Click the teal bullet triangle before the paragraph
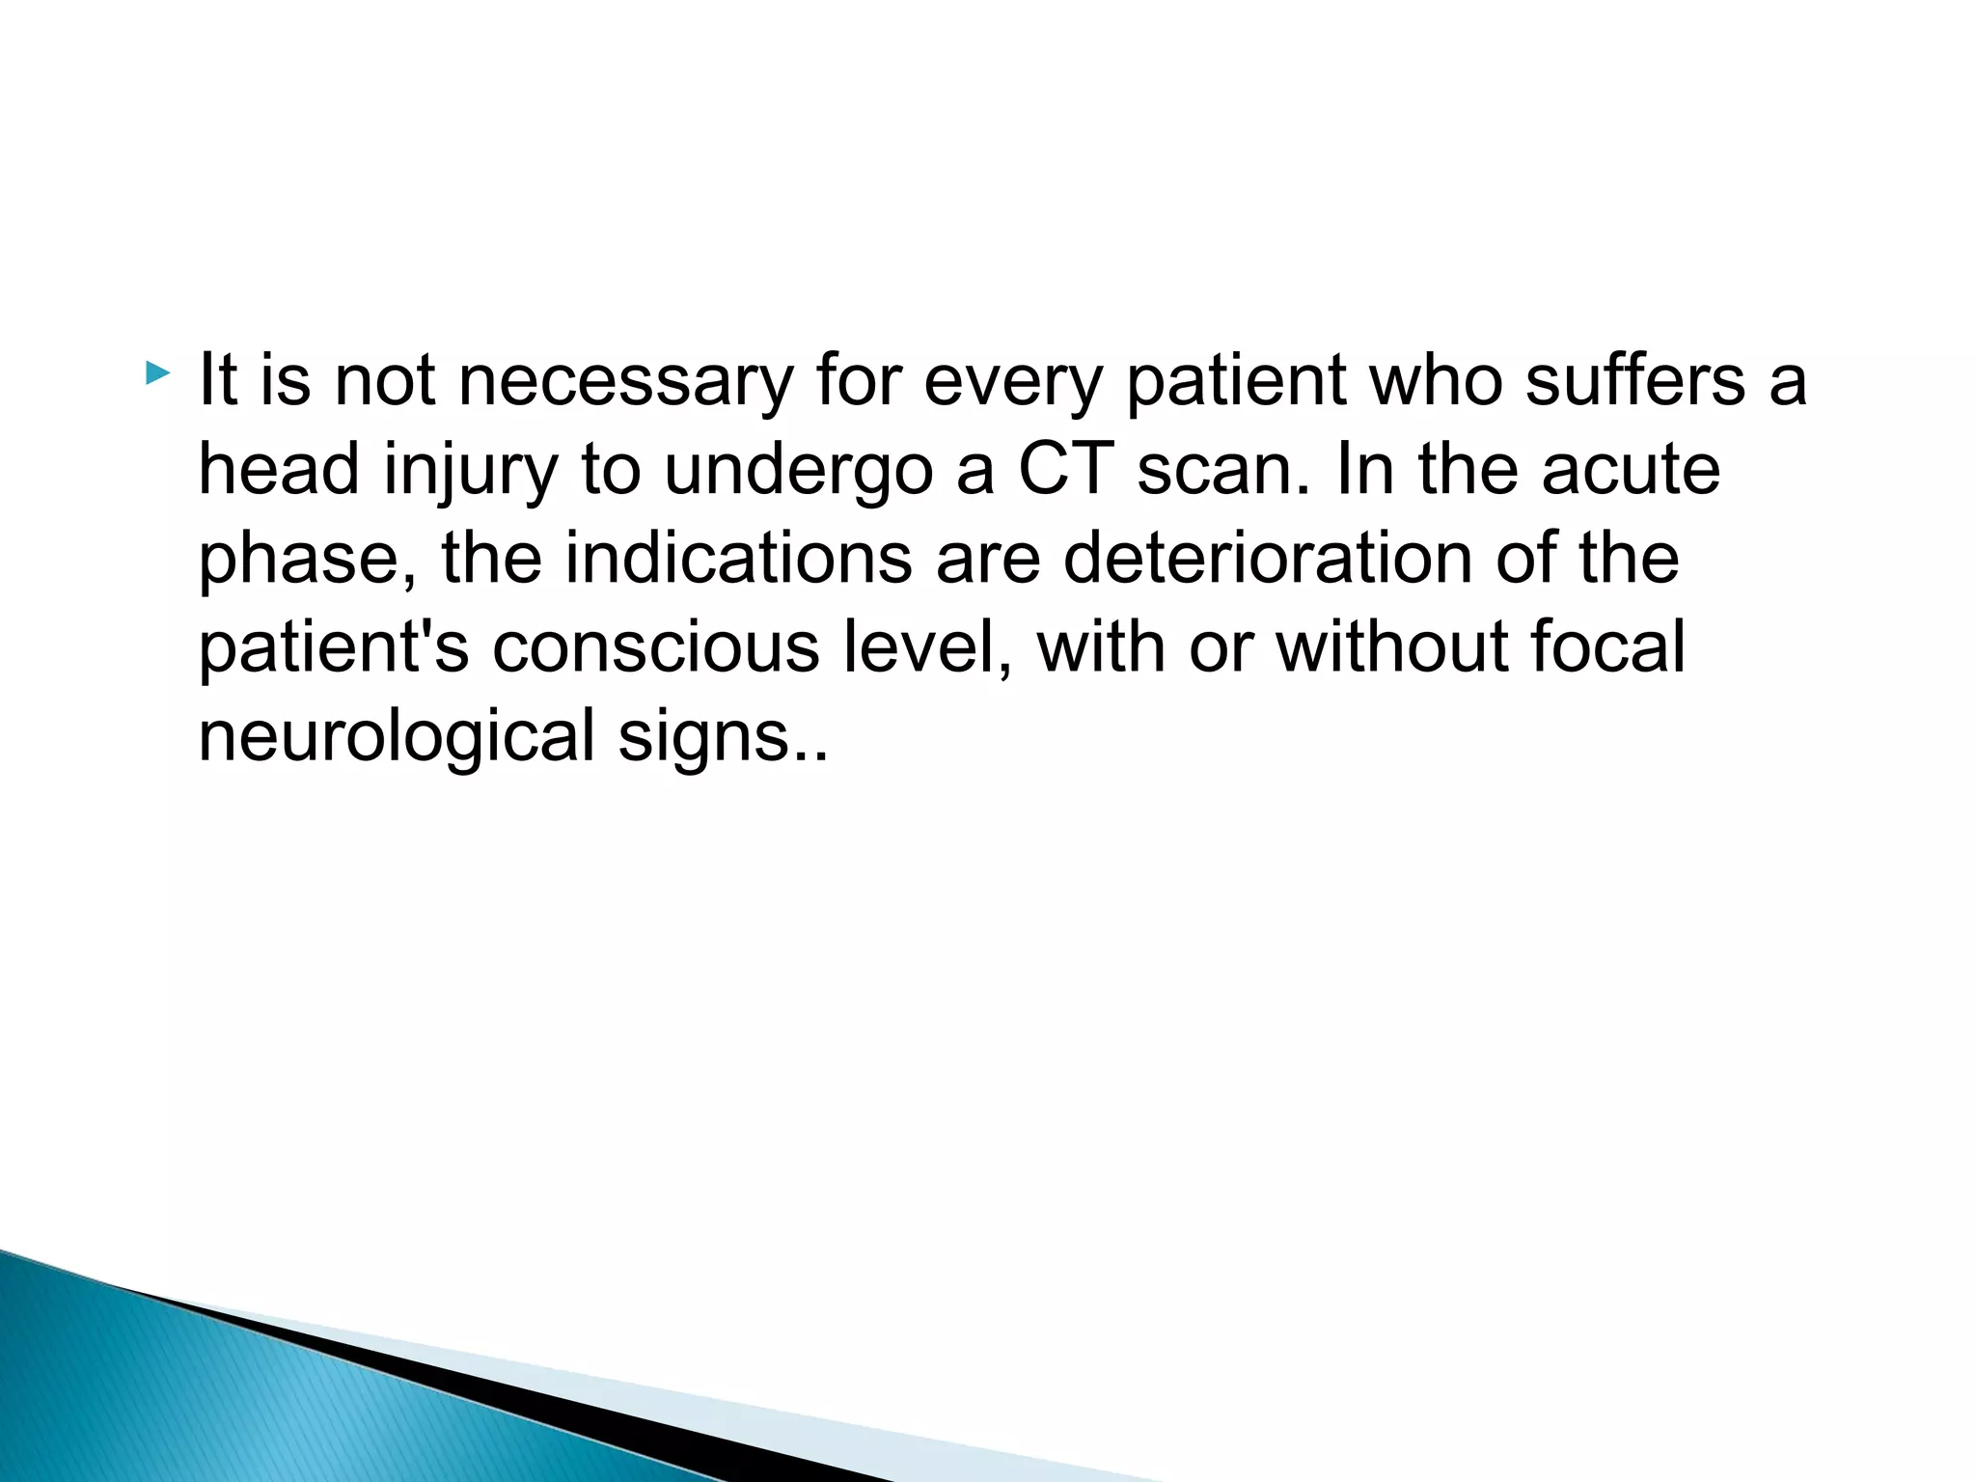point(157,372)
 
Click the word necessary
point(624,381)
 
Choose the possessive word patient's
point(333,648)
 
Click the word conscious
point(656,647)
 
